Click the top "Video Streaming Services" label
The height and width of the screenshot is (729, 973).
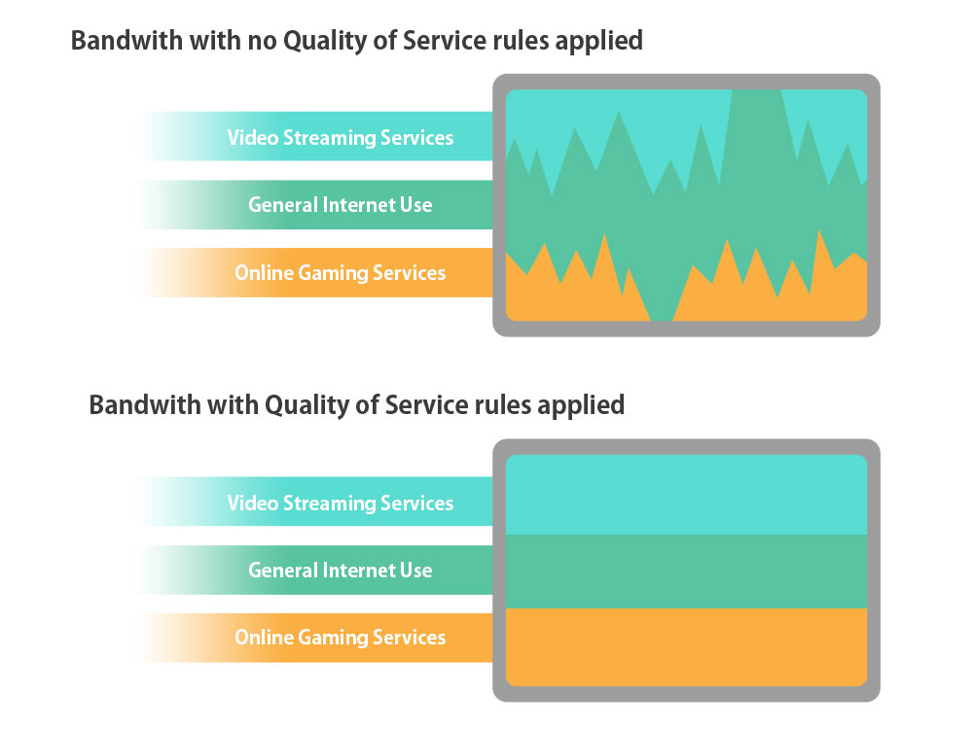click(x=340, y=137)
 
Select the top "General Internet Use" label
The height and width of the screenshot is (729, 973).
click(x=340, y=205)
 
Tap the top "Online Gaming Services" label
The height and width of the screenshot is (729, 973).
click(x=340, y=273)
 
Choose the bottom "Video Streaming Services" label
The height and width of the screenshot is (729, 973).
click(x=340, y=503)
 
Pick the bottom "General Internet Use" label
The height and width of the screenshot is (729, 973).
click(x=340, y=571)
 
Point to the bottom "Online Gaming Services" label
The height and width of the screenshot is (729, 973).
click(x=340, y=638)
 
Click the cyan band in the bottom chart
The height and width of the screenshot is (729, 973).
click(x=686, y=495)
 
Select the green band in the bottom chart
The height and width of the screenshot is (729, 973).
click(x=686, y=571)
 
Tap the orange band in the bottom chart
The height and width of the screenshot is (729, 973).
click(x=686, y=646)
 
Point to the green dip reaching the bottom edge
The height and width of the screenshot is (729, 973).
click(x=662, y=301)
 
